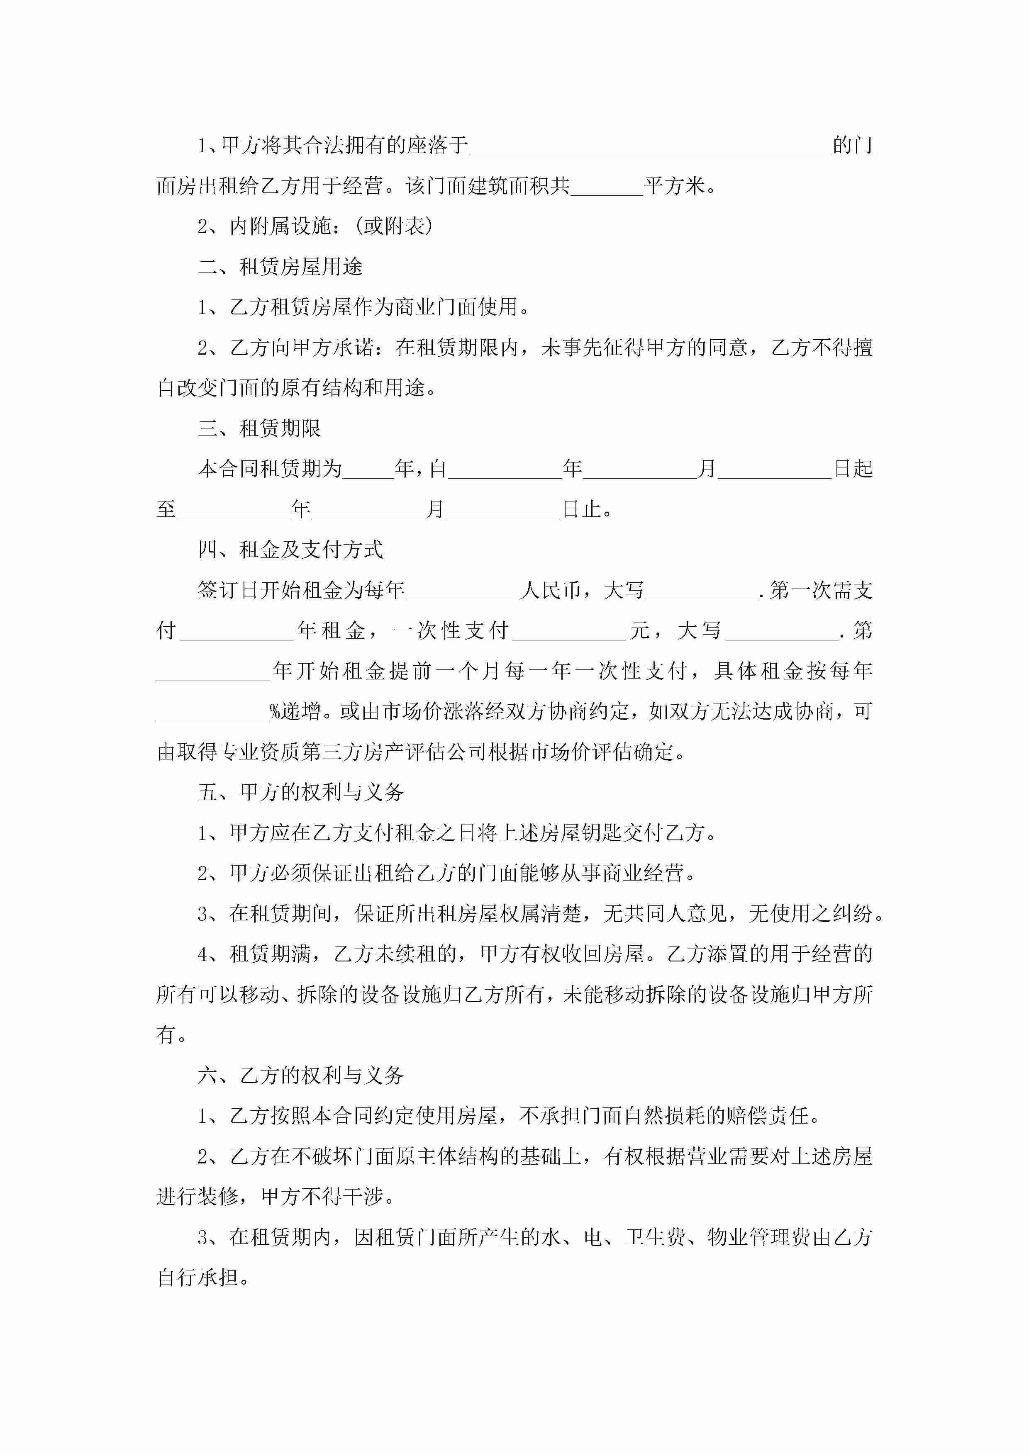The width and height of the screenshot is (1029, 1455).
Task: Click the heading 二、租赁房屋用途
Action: (x=280, y=267)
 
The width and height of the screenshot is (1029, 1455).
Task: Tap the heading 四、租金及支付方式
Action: (x=290, y=550)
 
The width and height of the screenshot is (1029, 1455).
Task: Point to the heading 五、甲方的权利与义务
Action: (x=300, y=792)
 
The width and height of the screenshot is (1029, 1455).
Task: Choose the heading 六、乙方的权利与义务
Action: (x=300, y=1075)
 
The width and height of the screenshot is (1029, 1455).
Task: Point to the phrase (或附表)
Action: (x=394, y=226)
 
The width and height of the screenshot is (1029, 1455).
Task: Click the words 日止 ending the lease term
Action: (x=581, y=509)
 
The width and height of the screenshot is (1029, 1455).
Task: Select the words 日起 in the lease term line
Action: (x=853, y=469)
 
